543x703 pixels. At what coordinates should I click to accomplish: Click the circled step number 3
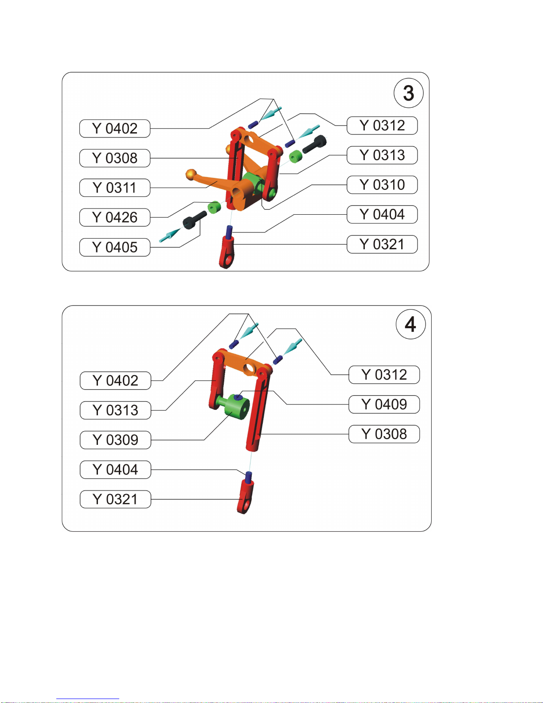coord(408,93)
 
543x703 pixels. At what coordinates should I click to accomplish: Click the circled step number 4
coord(410,324)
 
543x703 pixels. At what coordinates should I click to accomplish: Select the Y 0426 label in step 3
coord(115,217)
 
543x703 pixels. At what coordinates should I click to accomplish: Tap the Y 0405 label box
coord(115,247)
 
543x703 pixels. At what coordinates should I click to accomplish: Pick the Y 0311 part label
coord(115,188)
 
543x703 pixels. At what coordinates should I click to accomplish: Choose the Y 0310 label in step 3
coord(382,185)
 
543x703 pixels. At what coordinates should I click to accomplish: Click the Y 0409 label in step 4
coord(384,405)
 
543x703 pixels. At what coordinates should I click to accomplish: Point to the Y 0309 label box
coord(115,440)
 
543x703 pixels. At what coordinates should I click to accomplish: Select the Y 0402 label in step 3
coord(115,129)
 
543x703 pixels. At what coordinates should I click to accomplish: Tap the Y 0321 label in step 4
coord(115,499)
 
